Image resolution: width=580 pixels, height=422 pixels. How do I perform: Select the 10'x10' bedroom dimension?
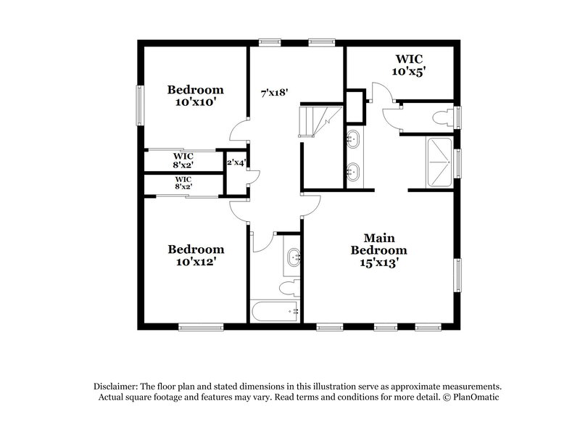pyautogui.click(x=196, y=102)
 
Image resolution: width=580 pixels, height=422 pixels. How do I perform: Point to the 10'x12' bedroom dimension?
pyautogui.click(x=196, y=262)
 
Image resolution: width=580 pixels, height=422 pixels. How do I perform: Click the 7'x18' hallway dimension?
pyautogui.click(x=275, y=92)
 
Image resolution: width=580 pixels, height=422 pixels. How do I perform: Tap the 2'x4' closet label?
pyautogui.click(x=235, y=163)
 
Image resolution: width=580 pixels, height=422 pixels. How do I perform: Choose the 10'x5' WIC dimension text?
pyautogui.click(x=408, y=72)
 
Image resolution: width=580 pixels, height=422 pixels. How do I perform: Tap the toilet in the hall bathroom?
pyautogui.click(x=289, y=286)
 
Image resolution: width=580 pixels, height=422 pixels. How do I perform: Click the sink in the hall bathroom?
pyautogui.click(x=294, y=256)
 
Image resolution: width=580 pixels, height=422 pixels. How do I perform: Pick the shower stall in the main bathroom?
pyautogui.click(x=439, y=161)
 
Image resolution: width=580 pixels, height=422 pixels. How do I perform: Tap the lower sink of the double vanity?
pyautogui.click(x=353, y=172)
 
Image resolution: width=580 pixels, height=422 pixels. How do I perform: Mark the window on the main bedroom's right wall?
pyautogui.click(x=457, y=276)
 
